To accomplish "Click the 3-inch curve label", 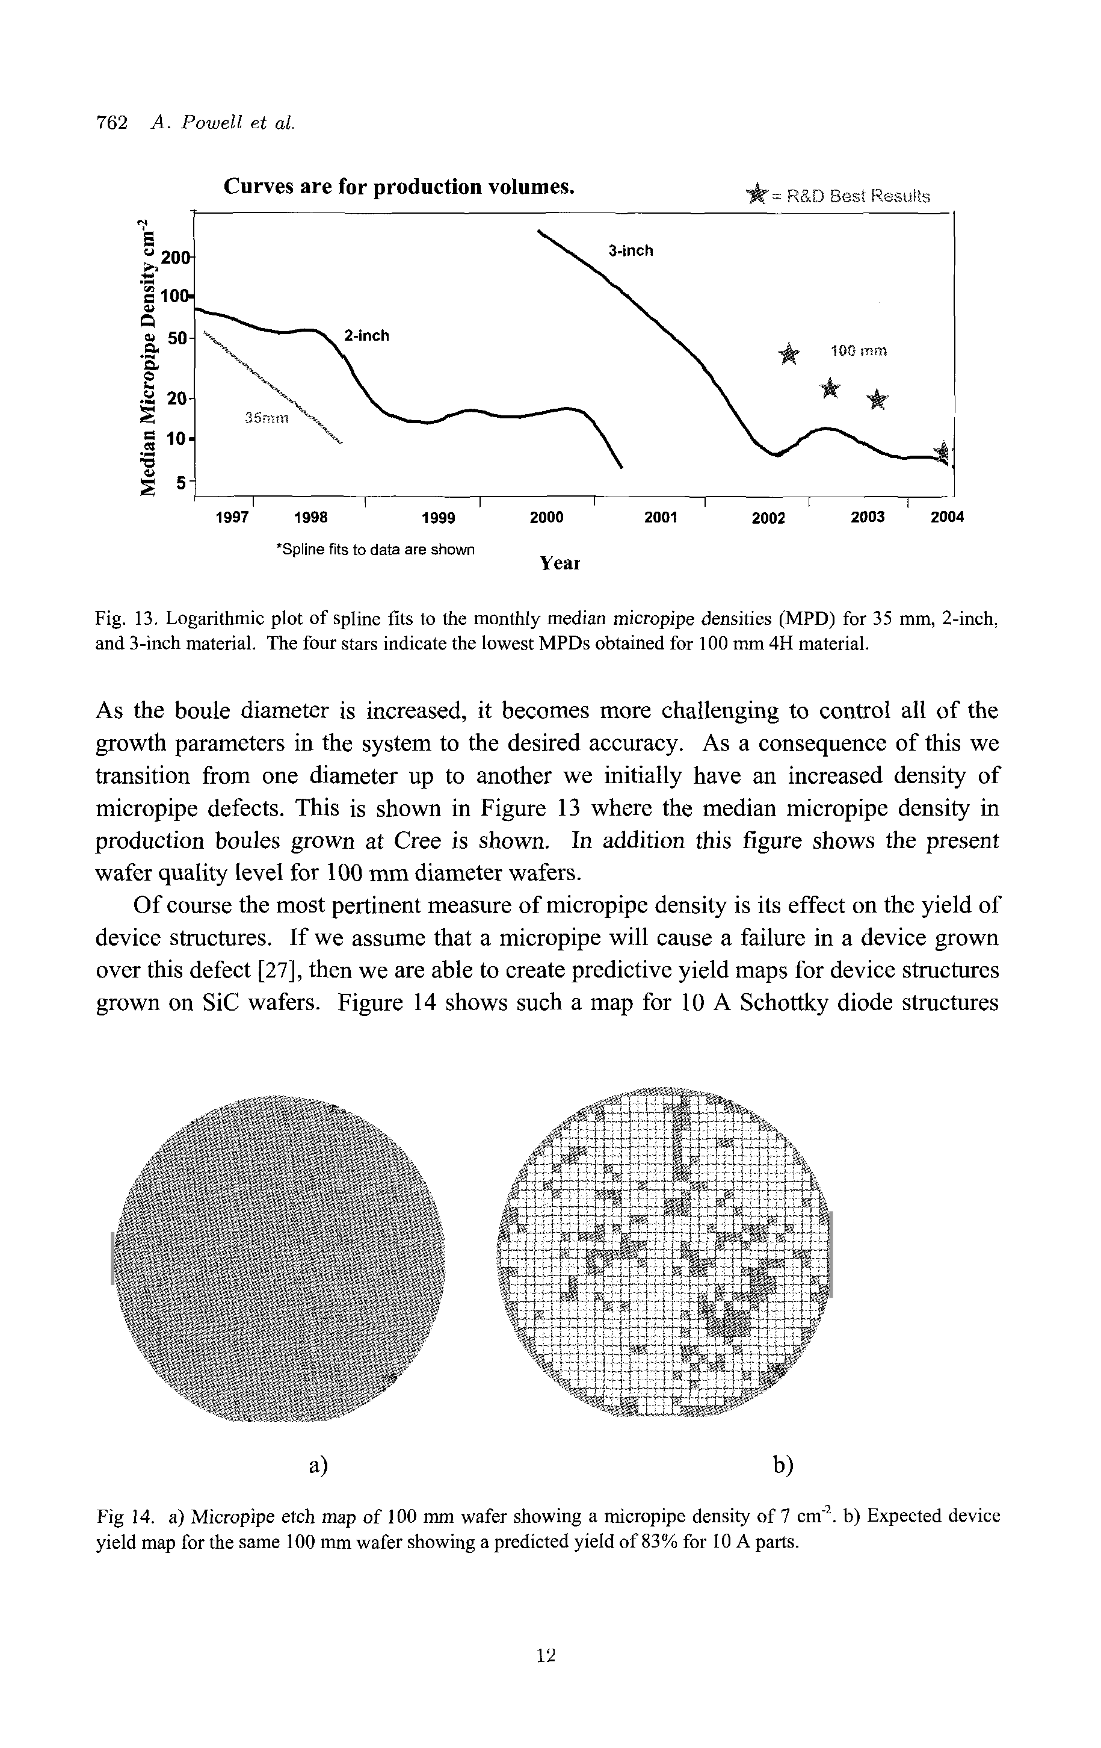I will pyautogui.click(x=630, y=251).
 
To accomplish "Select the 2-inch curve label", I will pyautogui.click(x=366, y=335).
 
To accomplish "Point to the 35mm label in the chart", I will pyautogui.click(x=267, y=419).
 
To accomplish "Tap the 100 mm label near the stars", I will pyautogui.click(x=859, y=352).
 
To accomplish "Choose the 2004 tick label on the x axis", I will pyautogui.click(x=947, y=517).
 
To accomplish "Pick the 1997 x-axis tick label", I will pyautogui.click(x=232, y=518).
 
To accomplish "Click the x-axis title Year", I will pyautogui.click(x=560, y=563).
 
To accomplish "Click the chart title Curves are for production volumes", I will pyautogui.click(x=399, y=187).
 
